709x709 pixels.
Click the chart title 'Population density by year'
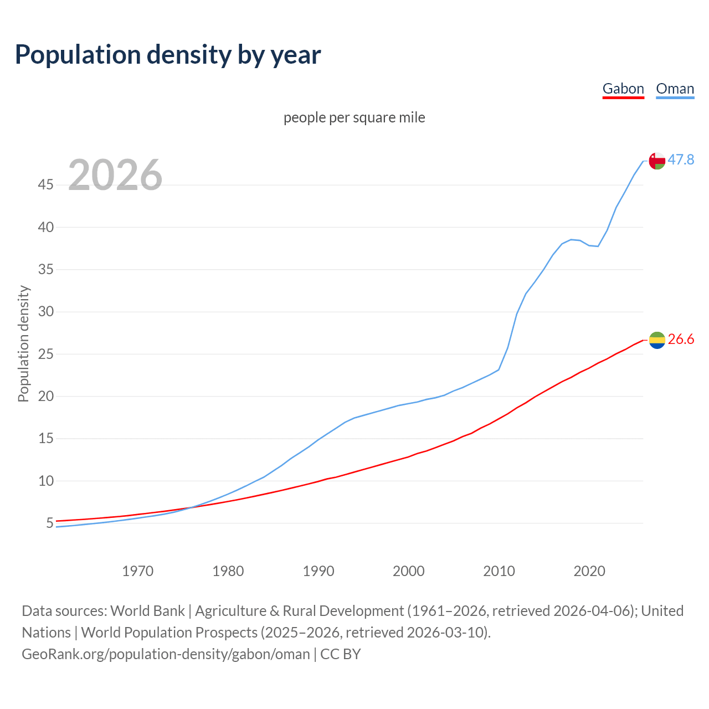coord(168,55)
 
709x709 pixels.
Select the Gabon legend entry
coord(623,89)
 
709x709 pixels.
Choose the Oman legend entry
coord(675,89)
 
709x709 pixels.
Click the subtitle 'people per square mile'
coord(354,117)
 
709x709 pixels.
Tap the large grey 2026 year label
coord(115,175)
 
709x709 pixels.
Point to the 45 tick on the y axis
coord(46,185)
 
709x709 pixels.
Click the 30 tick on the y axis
coord(46,312)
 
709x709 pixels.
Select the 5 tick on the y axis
coord(50,523)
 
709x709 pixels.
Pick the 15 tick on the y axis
coord(46,439)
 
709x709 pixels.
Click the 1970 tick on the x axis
coord(137,571)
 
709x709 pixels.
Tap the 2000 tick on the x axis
coord(408,571)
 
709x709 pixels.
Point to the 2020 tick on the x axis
coord(589,571)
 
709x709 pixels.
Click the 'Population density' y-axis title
coord(23,343)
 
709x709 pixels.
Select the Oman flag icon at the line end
coord(657,161)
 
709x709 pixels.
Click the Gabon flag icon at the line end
coord(657,340)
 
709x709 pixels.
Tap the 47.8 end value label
coord(681,160)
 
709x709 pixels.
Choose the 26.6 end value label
coord(681,340)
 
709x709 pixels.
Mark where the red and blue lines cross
coord(192,507)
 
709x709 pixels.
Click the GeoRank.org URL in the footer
coord(166,654)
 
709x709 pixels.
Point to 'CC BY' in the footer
coord(341,654)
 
